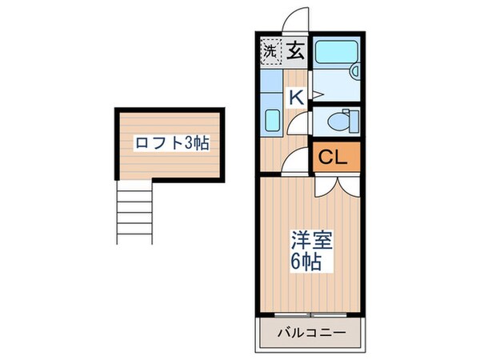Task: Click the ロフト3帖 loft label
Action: point(172,144)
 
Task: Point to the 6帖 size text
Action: point(307,262)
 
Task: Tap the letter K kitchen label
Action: point(295,97)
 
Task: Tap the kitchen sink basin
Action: point(270,122)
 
